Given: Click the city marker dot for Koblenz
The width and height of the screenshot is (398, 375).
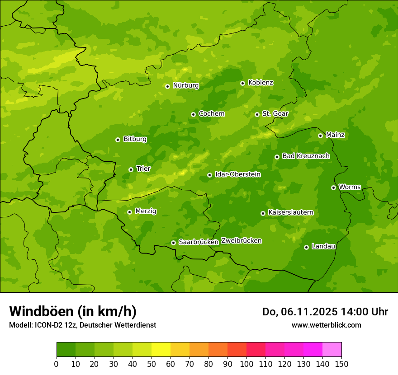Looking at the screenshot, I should tap(243, 83).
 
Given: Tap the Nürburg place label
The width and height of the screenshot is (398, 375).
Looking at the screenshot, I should tap(185, 85).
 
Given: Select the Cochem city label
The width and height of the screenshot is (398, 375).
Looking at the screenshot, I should tap(211, 113).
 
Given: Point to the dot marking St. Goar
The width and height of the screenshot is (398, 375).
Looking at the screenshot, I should tap(257, 114).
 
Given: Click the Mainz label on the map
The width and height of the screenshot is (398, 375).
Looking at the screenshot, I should tap(335, 135).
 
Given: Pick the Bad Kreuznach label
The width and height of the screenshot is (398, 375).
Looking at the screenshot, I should tap(306, 156).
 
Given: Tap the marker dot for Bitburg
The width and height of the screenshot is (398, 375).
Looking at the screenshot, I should tap(118, 140).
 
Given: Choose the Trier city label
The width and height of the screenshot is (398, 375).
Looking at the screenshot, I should tap(143, 169).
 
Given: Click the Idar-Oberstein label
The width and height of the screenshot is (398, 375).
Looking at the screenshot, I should tap(237, 174).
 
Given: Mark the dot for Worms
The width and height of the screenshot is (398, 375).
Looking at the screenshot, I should tap(333, 187).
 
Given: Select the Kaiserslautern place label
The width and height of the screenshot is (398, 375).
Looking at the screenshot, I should tap(291, 212).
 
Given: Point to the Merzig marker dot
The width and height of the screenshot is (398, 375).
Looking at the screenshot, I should tap(129, 212).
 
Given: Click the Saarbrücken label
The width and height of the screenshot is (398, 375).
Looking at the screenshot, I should tap(199, 242).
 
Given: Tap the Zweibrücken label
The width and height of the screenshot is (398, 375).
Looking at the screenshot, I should tap(242, 241).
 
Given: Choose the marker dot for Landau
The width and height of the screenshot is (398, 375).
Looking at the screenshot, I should tap(306, 247).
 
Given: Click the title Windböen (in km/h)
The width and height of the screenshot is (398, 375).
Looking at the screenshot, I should tap(73, 311).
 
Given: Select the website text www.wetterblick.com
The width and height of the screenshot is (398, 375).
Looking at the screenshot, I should tap(326, 325).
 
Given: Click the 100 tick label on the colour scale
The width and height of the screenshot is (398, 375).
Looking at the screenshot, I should tap(246, 364).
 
